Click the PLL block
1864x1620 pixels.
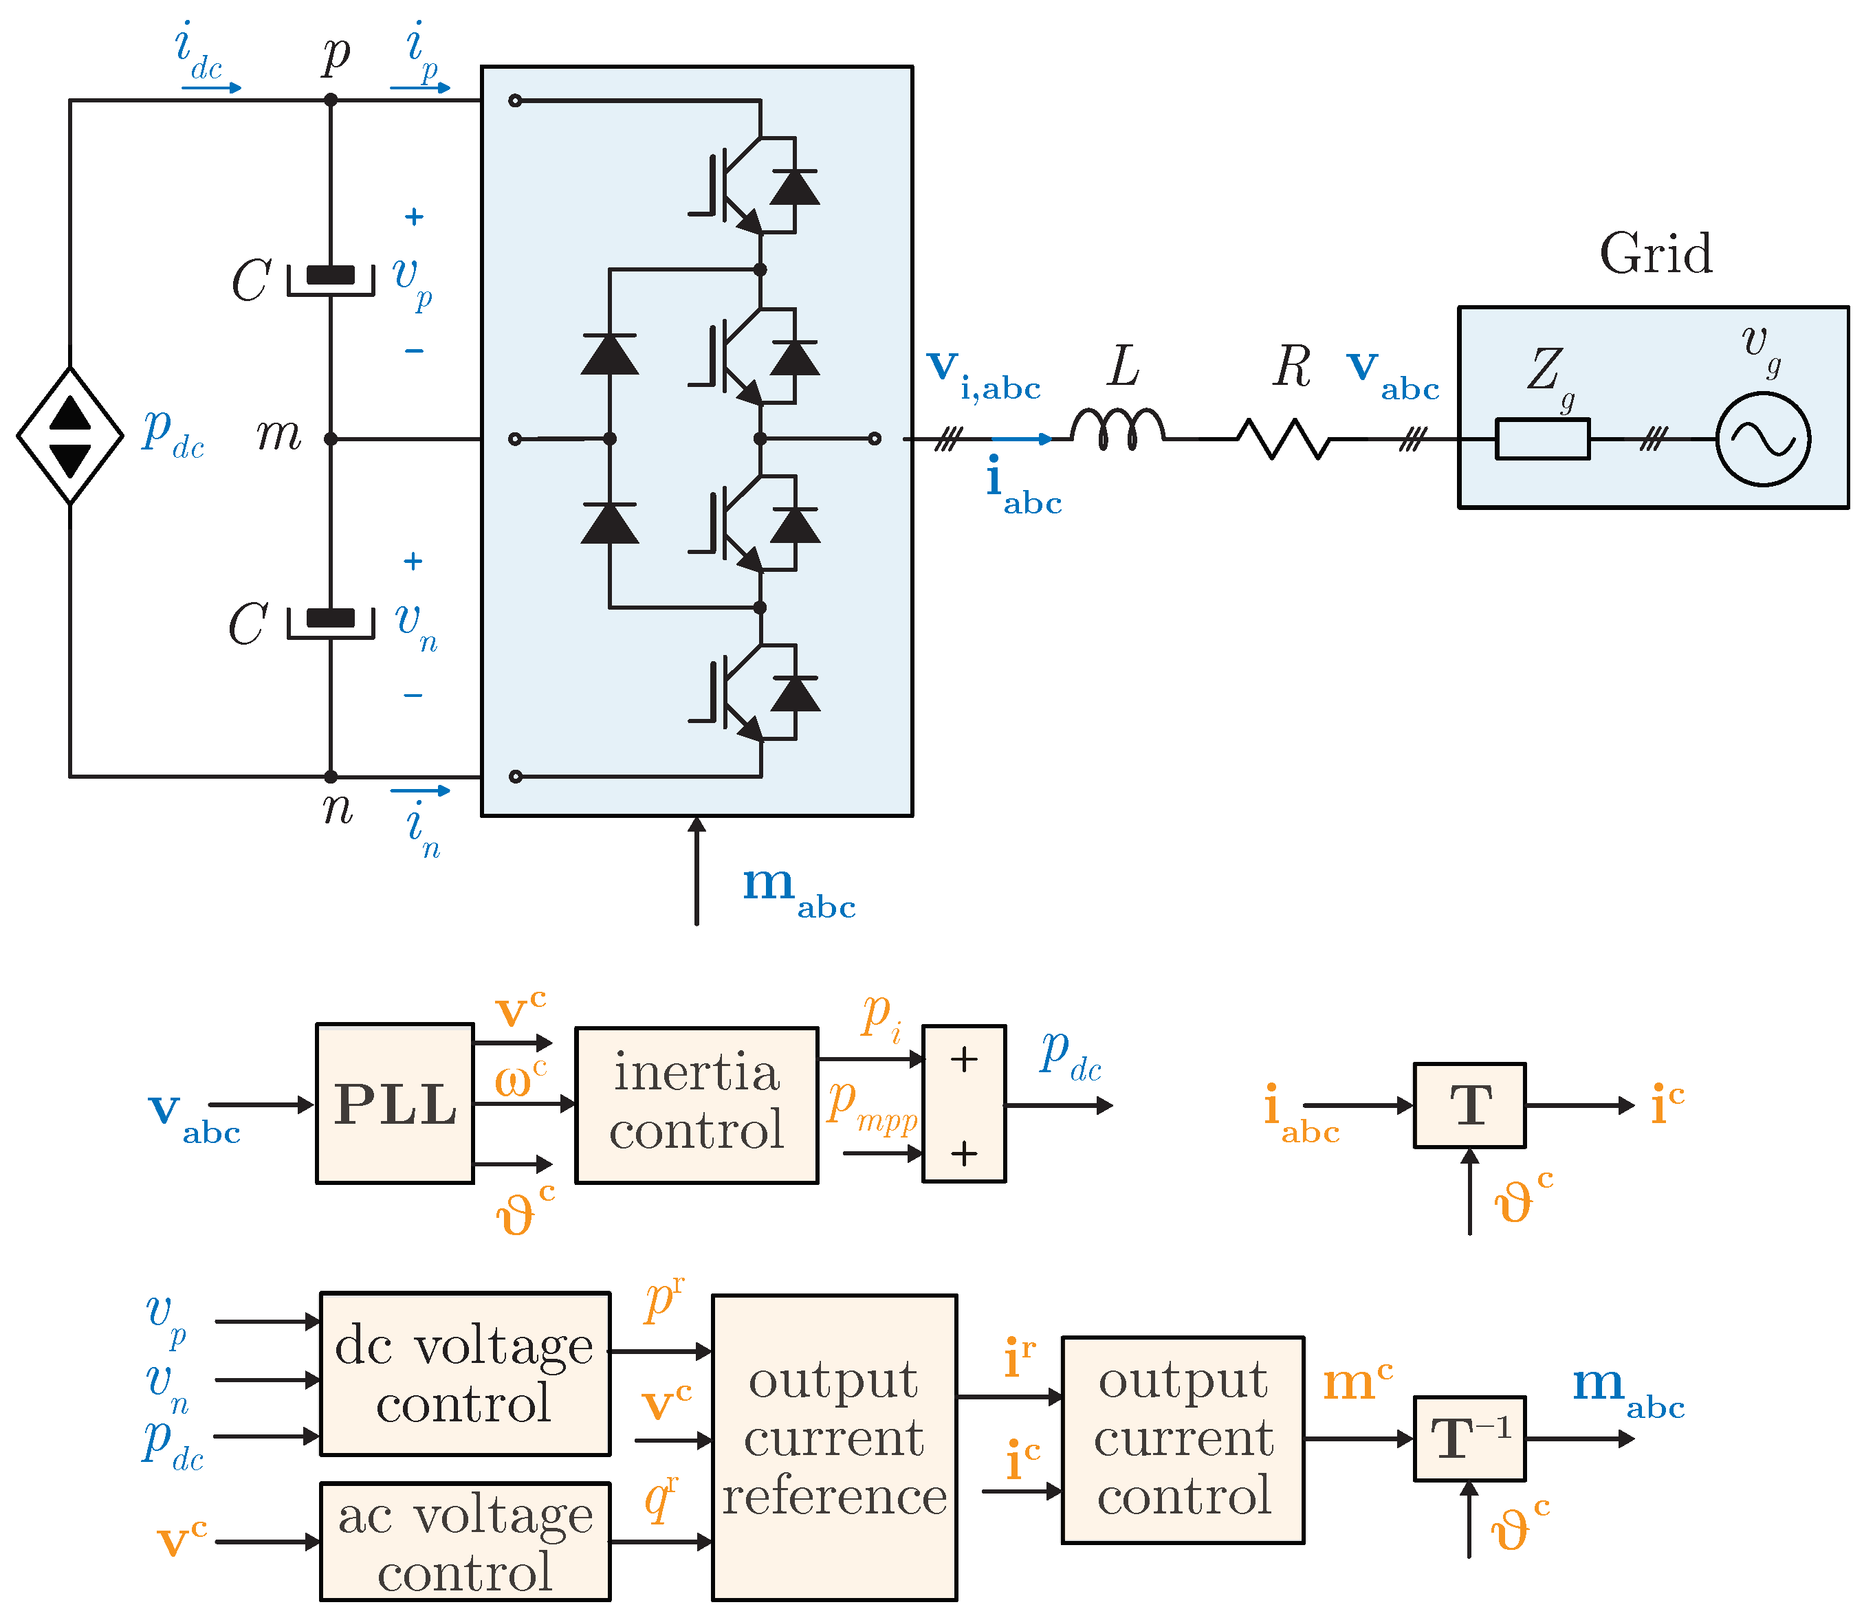click(x=395, y=1103)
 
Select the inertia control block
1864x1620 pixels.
click(x=697, y=1105)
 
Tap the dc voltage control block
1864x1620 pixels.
click(x=465, y=1373)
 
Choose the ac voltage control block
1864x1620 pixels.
click(x=465, y=1542)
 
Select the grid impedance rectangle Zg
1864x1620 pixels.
click(x=1542, y=439)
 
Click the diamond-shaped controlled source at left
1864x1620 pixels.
click(x=69, y=436)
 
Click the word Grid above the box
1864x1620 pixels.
click(x=1655, y=253)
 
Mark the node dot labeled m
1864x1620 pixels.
click(x=331, y=439)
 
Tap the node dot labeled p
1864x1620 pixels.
click(x=331, y=100)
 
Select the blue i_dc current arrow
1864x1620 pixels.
click(x=212, y=88)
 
